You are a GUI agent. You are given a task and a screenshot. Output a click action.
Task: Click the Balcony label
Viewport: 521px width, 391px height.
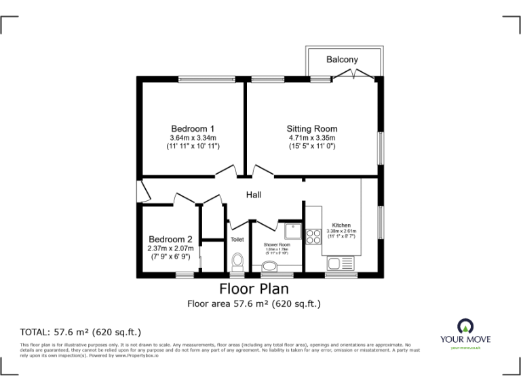point(342,60)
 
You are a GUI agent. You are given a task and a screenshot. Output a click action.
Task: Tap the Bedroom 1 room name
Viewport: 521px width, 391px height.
point(193,129)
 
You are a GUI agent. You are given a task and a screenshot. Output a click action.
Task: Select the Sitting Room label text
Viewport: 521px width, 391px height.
point(312,129)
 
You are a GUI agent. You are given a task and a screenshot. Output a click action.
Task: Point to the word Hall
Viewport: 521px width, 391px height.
point(254,195)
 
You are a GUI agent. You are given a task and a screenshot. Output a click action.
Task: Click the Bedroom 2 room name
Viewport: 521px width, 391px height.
point(171,240)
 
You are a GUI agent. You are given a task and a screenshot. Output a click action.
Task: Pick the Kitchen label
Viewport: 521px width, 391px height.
point(341,225)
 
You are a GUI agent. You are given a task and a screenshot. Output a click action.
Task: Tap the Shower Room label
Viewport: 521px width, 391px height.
point(277,244)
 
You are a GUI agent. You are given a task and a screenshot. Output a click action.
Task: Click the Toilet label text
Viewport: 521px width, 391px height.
point(237,240)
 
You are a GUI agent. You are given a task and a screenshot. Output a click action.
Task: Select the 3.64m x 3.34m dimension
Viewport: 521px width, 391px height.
point(193,138)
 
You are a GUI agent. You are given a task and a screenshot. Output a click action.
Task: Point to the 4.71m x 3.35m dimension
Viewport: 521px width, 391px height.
point(312,138)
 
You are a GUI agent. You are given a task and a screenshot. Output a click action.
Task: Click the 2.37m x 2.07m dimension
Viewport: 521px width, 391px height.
point(171,248)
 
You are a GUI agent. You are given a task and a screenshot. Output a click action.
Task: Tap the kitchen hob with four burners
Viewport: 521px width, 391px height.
point(314,236)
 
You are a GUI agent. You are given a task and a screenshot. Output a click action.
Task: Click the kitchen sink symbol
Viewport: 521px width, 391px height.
point(341,262)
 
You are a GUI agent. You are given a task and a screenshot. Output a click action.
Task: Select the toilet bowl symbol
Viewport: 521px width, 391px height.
point(237,261)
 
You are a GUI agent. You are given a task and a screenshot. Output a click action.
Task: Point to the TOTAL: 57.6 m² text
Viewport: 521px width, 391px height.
point(81,332)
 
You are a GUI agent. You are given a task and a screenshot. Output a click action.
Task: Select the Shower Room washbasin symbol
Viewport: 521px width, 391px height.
point(269,267)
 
